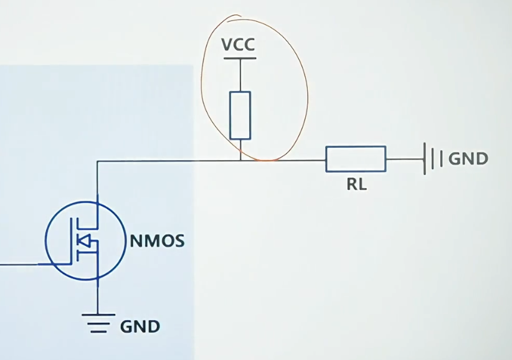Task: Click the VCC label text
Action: pos(238,45)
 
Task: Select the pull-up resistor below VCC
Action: pos(240,116)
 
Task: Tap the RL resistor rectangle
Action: pos(356,159)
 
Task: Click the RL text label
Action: pos(356,184)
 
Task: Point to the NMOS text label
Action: pos(157,241)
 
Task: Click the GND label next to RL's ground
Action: pos(468,159)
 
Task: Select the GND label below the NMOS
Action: pos(140,327)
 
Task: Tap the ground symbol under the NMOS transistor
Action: pos(98,323)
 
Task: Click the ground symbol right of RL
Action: pos(433,159)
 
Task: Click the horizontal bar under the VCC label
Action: pos(240,59)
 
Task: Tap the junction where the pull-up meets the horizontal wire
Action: pos(240,160)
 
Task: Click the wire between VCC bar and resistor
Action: pos(240,75)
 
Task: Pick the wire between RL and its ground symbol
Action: pos(405,159)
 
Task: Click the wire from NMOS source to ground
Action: pos(97,296)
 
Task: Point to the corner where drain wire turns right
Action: pos(97,161)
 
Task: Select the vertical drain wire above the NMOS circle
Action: pos(97,181)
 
